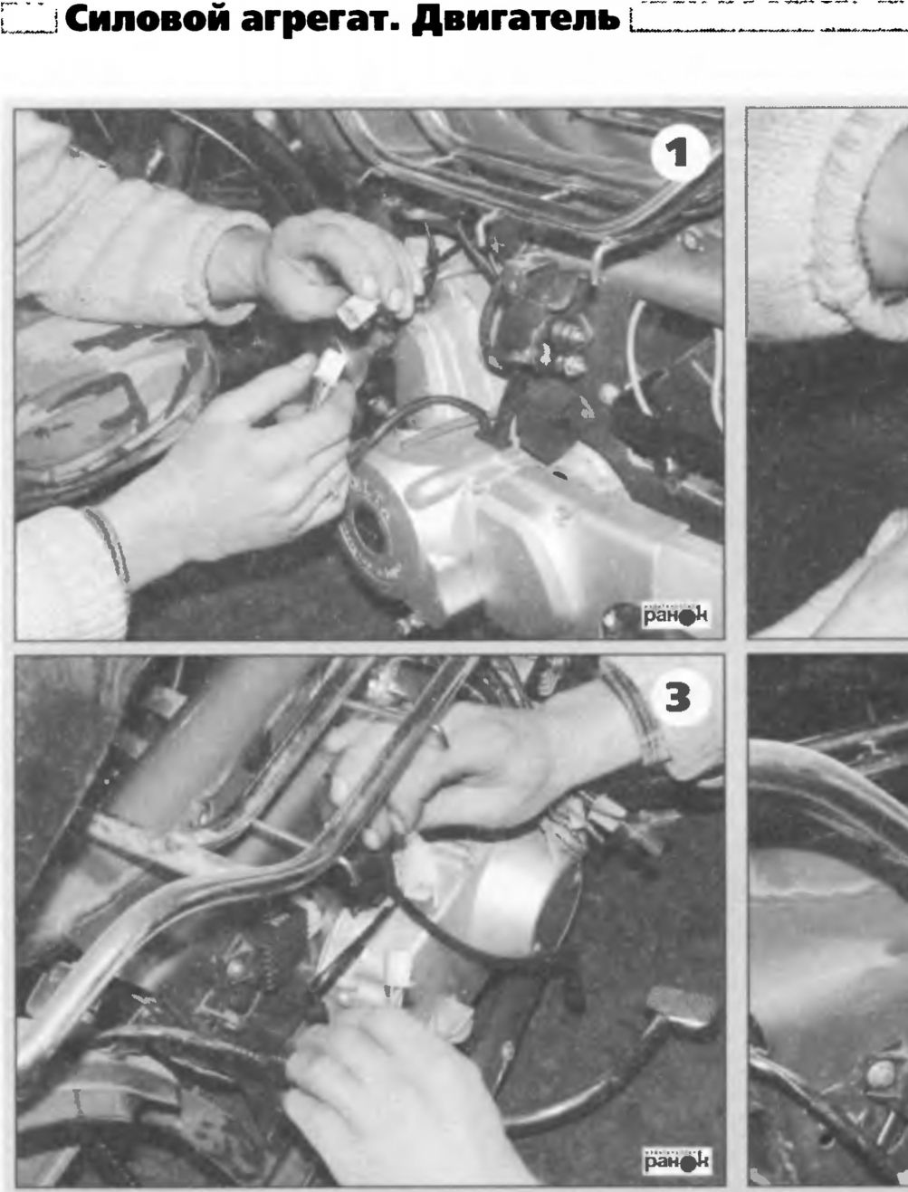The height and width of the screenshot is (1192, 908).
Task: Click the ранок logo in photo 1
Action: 675,615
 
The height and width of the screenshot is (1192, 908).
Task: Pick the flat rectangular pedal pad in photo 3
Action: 681,1009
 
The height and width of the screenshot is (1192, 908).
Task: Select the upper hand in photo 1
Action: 337,266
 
